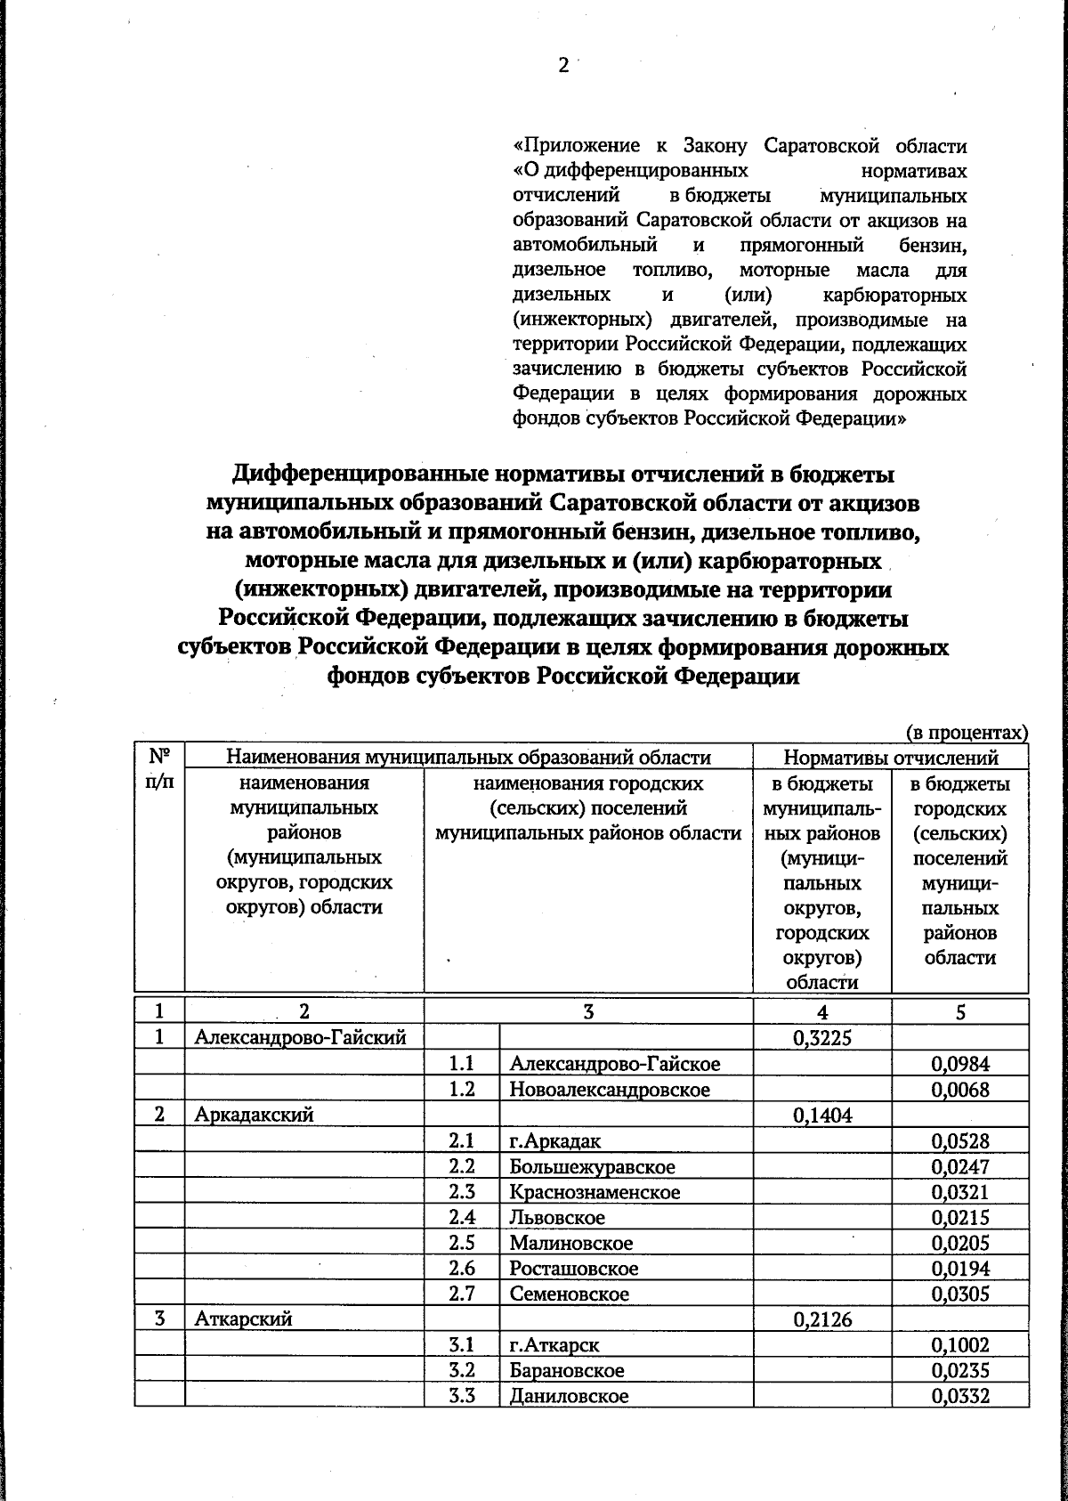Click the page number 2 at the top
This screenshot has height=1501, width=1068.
coord(562,66)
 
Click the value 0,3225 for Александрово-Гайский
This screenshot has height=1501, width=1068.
coord(822,1037)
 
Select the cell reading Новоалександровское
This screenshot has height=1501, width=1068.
coord(610,1089)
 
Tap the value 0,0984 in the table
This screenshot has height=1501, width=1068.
coord(960,1063)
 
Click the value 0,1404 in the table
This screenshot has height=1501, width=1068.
coord(822,1115)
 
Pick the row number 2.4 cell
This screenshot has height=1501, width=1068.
coord(462,1217)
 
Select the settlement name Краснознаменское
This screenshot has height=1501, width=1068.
coord(595,1192)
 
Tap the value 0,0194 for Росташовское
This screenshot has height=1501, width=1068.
coord(960,1269)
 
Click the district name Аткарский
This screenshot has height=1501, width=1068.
coord(244,1320)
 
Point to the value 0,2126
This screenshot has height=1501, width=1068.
coord(822,1320)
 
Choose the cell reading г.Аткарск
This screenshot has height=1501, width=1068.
coord(554,1346)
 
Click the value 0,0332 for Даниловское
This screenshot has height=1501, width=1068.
coord(960,1397)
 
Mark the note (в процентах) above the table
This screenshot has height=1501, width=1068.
coord(967,733)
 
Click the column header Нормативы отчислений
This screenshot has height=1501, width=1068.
coord(890,758)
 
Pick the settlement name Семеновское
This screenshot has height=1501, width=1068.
coord(570,1294)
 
